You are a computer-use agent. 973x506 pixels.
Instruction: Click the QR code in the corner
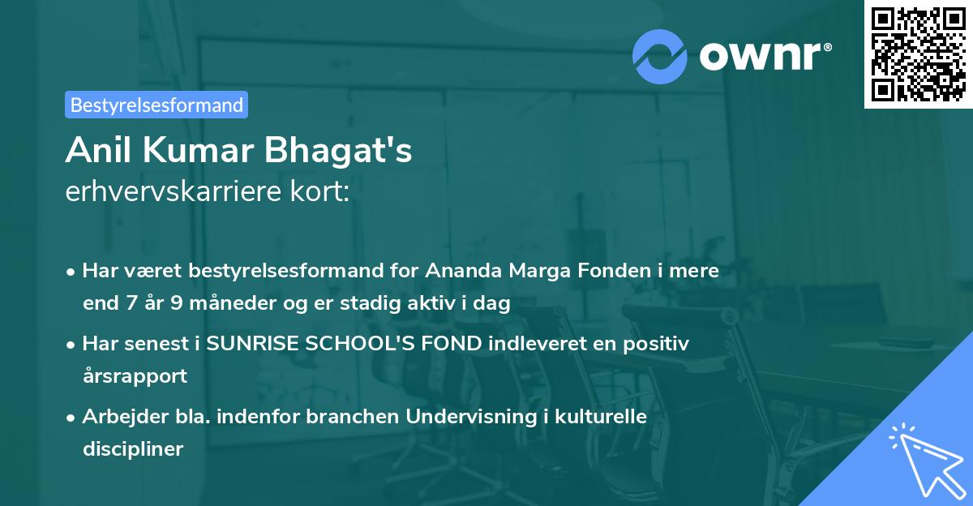pyautogui.click(x=918, y=54)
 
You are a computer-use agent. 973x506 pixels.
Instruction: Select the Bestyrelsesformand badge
pyautogui.click(x=156, y=105)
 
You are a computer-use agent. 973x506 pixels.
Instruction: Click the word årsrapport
pyautogui.click(x=135, y=376)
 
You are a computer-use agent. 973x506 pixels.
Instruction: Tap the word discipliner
pyautogui.click(x=133, y=448)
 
